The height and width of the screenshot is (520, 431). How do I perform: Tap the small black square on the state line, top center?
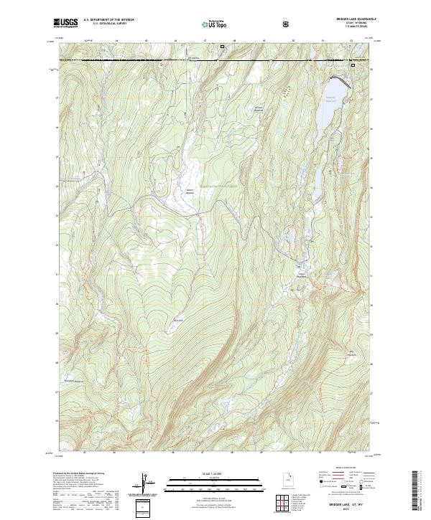pyautogui.click(x=222, y=47)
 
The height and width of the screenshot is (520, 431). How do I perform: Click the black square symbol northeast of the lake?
pyautogui.click(x=353, y=66)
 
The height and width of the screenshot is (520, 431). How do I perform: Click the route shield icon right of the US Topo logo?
pyautogui.click(x=287, y=24)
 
